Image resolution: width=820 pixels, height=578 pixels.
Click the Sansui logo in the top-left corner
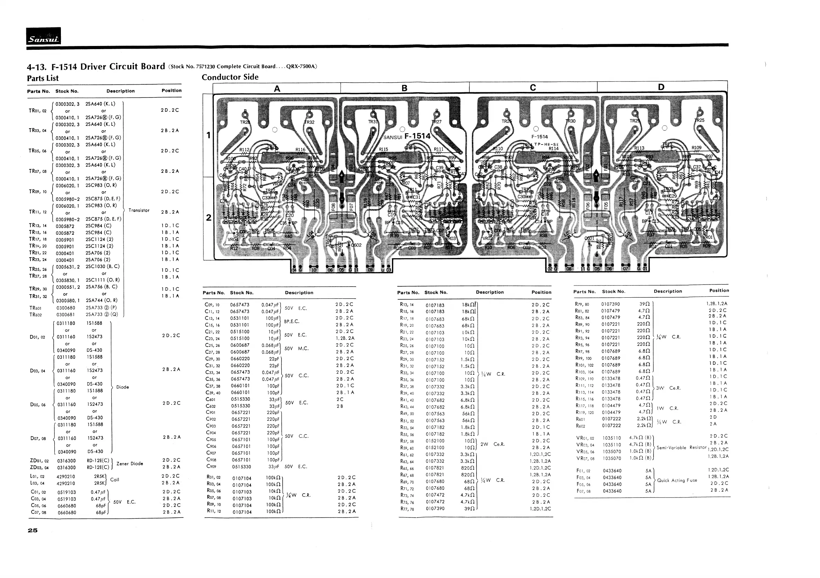click(43, 36)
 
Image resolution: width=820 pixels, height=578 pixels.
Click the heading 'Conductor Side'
click(230, 77)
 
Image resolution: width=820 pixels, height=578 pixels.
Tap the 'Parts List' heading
click(43, 78)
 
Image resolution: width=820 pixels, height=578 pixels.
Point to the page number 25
click(33, 530)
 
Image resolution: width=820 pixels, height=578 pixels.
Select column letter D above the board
click(661, 87)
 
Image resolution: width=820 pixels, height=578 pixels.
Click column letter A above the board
click(277, 88)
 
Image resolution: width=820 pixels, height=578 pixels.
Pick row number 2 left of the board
click(209, 217)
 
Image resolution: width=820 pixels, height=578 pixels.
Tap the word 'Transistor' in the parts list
click(139, 211)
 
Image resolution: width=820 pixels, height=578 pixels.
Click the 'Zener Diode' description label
click(130, 464)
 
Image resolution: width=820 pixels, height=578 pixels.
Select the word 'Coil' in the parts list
click(115, 479)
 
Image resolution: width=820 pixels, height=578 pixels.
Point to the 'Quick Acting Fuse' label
click(677, 480)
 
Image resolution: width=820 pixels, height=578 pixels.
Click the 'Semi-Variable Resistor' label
click(681, 447)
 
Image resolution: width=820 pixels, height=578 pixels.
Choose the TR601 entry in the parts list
click(35, 308)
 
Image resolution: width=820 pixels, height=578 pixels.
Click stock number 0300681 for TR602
click(66, 315)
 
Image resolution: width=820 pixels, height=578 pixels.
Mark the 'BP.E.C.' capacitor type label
click(291, 321)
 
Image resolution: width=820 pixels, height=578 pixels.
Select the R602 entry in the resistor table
click(580, 426)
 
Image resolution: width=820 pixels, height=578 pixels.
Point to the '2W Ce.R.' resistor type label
click(492, 444)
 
